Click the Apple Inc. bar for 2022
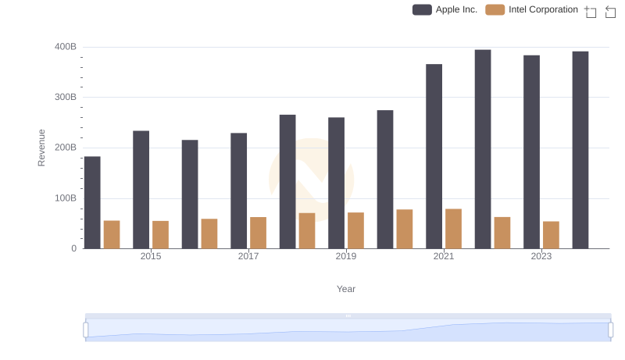(483, 149)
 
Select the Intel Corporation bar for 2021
(453, 229)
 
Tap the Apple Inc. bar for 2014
(92, 202)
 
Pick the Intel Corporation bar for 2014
(112, 234)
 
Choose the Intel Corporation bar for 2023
(551, 235)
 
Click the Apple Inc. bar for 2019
(337, 183)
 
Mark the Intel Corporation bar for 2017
(258, 233)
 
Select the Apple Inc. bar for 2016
(190, 194)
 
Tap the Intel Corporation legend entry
(532, 9)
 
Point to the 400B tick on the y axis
(66, 47)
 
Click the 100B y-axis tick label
(66, 198)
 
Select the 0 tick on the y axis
(74, 248)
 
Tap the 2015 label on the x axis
(151, 256)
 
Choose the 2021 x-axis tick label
(444, 256)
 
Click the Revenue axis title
(41, 148)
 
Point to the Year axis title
(346, 289)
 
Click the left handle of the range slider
(86, 330)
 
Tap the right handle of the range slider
(611, 330)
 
